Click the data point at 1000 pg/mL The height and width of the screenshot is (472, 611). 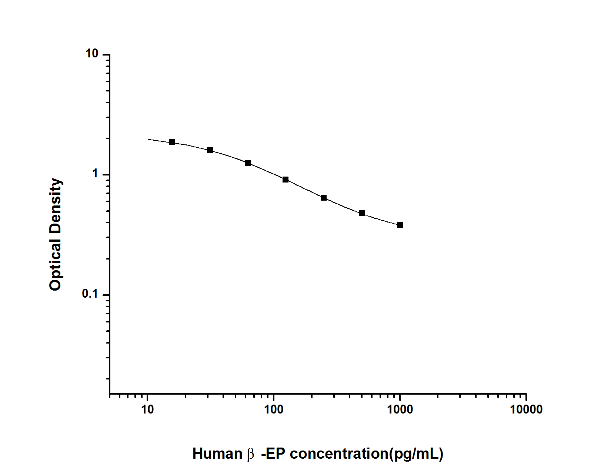400,225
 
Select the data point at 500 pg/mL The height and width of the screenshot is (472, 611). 361,213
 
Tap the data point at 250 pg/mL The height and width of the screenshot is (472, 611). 323,198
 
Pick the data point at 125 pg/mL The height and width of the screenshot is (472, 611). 286,179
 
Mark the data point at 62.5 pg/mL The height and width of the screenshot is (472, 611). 247,163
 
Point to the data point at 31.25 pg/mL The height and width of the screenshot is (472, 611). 210,150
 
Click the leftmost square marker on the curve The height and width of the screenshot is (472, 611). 172,142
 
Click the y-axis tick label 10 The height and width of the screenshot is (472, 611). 92,53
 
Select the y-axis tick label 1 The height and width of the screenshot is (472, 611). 95,174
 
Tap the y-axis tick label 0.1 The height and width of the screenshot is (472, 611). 90,294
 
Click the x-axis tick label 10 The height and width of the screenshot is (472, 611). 147,409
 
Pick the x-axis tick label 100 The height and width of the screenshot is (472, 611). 274,409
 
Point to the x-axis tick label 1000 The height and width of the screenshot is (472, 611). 400,409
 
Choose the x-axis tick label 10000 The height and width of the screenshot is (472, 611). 526,409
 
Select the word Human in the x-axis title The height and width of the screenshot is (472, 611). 217,453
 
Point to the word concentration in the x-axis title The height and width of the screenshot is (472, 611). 338,453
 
